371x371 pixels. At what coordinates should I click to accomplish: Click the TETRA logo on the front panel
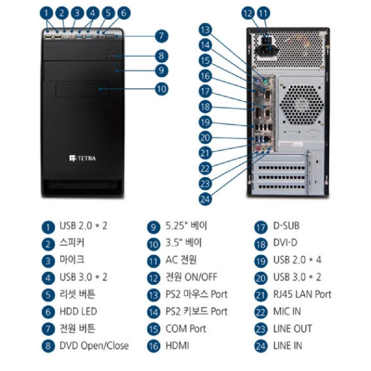coord(82,158)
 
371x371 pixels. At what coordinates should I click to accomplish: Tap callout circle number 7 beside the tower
coord(161,36)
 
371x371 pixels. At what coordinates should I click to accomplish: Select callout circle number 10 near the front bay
coord(161,89)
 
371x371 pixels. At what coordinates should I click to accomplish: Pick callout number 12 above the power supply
coord(248,14)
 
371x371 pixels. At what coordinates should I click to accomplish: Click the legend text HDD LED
coord(78,311)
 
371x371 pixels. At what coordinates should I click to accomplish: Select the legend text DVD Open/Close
coord(94,345)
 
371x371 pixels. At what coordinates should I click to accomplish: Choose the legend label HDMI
coord(177,345)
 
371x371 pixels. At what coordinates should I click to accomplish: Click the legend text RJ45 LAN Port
coord(302,294)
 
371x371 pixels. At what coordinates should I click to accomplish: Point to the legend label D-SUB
coord(286,226)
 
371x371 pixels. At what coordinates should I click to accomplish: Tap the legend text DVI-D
coord(285,243)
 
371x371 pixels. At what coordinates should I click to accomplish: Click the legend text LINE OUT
coord(292,328)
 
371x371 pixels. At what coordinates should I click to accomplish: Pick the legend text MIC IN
coord(287,311)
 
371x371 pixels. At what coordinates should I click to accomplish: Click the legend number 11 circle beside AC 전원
coord(153,260)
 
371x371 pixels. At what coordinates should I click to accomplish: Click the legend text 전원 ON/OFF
coord(191,277)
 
